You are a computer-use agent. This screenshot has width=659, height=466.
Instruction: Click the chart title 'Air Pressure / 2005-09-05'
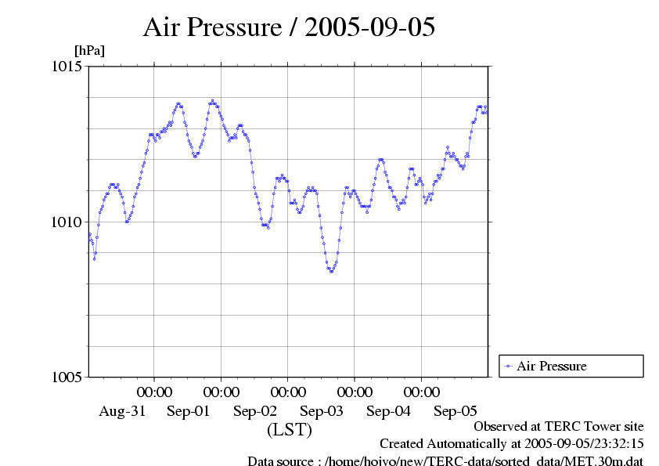tap(290, 27)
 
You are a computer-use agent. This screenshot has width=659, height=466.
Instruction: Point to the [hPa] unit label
tap(88, 50)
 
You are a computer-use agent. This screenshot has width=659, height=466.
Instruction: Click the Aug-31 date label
tap(122, 411)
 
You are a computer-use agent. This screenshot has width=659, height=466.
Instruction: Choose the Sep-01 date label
tap(189, 411)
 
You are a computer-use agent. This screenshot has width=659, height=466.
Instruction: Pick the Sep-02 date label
tap(255, 411)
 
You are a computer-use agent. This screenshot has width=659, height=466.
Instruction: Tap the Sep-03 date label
tap(322, 411)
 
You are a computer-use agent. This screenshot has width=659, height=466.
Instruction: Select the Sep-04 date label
tap(388, 411)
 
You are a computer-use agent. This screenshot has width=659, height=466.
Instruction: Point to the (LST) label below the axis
tap(290, 430)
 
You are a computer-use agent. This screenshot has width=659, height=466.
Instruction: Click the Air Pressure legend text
tap(551, 366)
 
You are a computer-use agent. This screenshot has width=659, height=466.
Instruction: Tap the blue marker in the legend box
tap(509, 366)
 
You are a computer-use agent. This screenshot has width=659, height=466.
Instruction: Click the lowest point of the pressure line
tap(331, 271)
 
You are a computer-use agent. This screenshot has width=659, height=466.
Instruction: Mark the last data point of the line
tap(486, 112)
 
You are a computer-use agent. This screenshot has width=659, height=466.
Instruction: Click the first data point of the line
tap(89, 234)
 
